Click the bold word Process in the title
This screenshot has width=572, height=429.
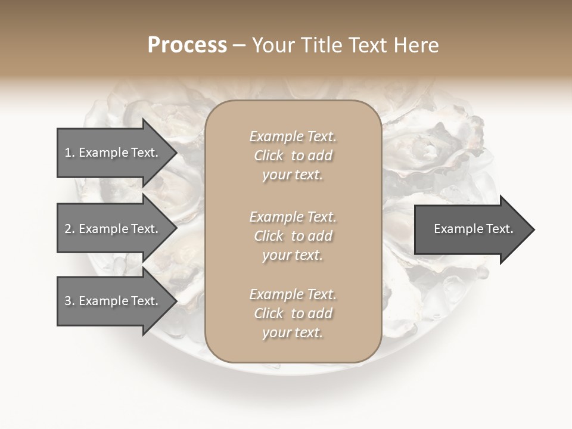pyautogui.click(x=187, y=45)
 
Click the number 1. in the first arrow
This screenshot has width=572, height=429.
pyautogui.click(x=69, y=153)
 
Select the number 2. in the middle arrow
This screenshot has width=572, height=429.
pyautogui.click(x=69, y=229)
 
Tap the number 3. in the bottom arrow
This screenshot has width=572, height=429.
pyautogui.click(x=69, y=301)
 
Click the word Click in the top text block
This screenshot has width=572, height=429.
pyautogui.click(x=269, y=156)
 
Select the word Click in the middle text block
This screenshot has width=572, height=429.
pyautogui.click(x=269, y=236)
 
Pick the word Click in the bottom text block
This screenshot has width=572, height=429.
pyautogui.click(x=269, y=313)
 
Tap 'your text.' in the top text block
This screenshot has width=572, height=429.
pyautogui.click(x=293, y=175)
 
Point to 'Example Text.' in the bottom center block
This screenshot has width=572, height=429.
pyautogui.click(x=293, y=294)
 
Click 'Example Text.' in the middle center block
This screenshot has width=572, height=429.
pyautogui.click(x=293, y=217)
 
